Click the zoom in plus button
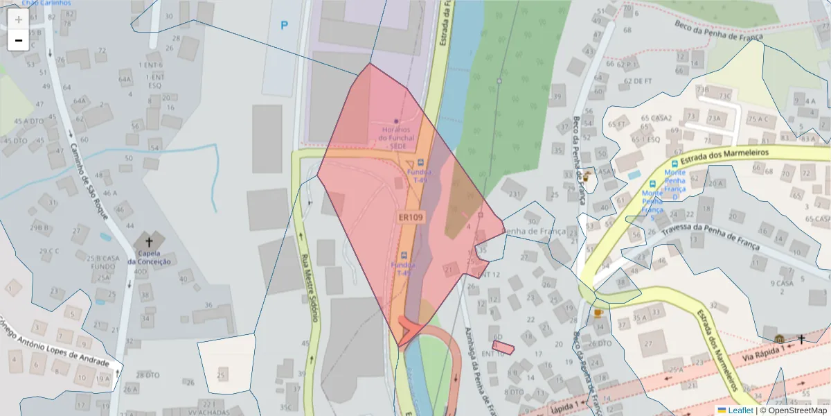(x=18, y=19)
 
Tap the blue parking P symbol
(x=284, y=26)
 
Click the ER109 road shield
(x=411, y=217)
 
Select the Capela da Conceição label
(x=149, y=257)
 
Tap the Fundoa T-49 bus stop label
(x=418, y=175)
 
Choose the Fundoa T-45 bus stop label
(x=404, y=268)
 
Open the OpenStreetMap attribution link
(x=797, y=410)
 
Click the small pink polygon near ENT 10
(x=503, y=347)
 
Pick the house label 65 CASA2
(x=656, y=118)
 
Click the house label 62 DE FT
(x=638, y=80)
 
